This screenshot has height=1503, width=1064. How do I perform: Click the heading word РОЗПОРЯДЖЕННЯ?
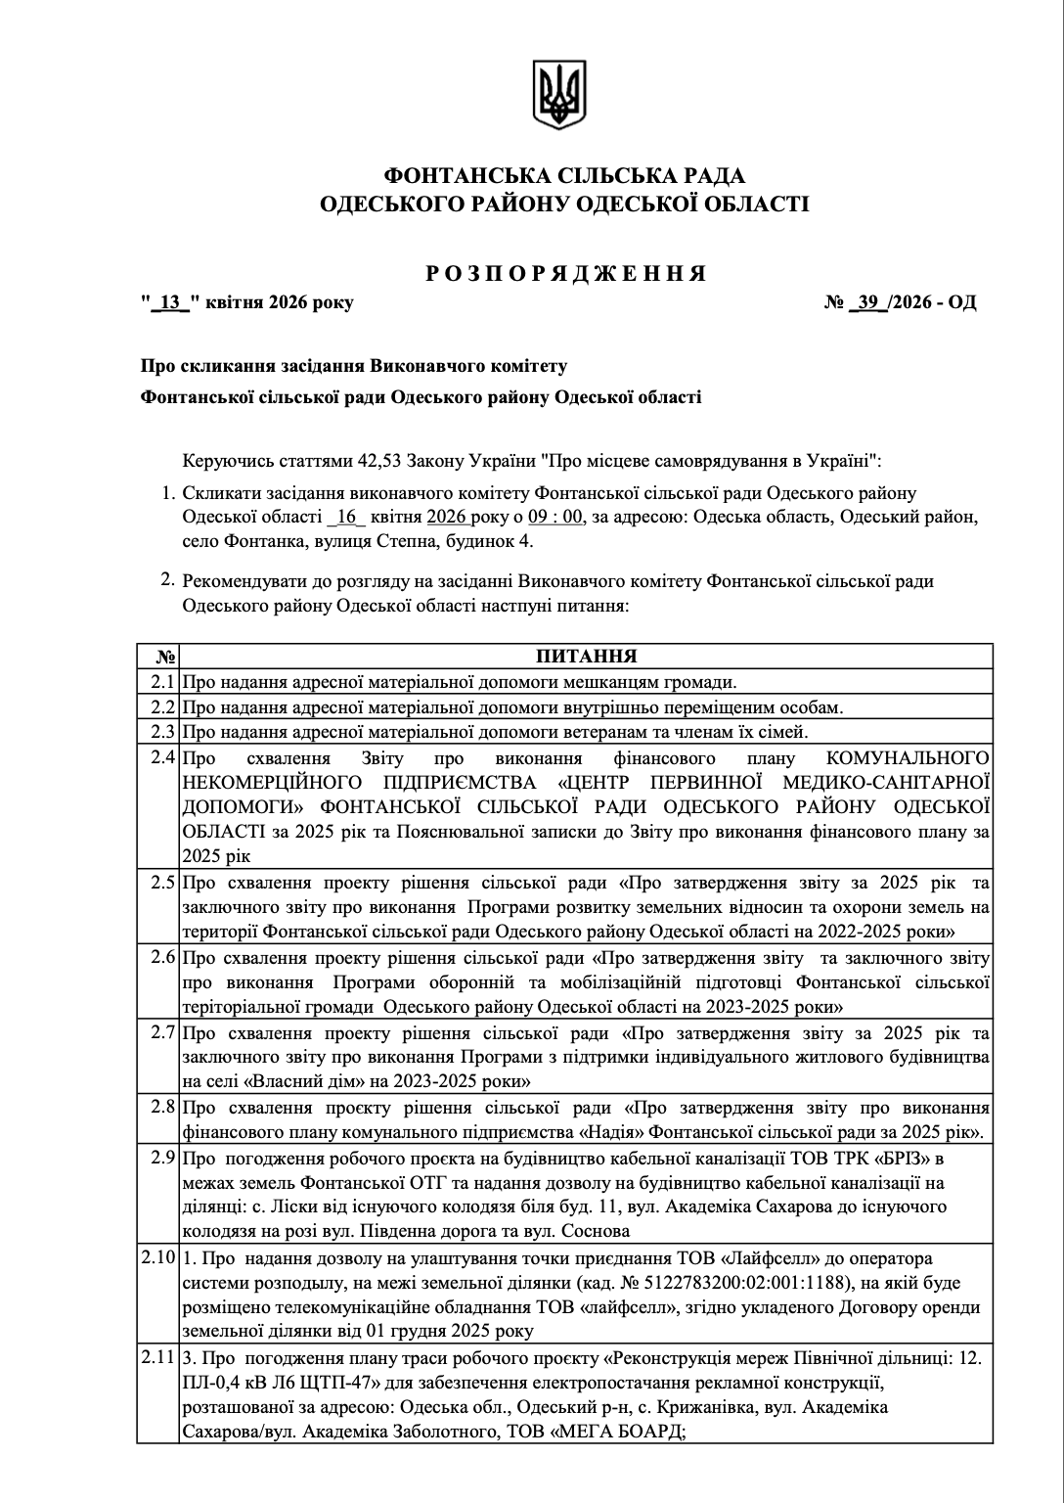566,274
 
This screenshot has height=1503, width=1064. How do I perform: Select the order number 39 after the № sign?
868,302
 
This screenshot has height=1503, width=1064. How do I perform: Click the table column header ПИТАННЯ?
586,656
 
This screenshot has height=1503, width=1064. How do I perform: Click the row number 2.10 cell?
158,1256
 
